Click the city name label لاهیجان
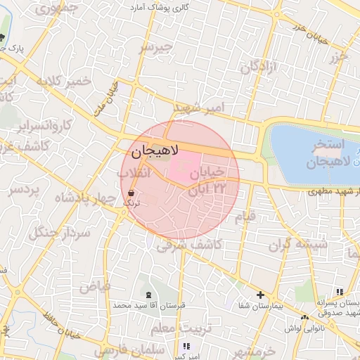pos(155,150)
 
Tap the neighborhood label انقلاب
pos(133,173)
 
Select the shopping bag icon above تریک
pos(131,192)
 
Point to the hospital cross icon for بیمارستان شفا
pos(260,295)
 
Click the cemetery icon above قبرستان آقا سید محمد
pos(148,295)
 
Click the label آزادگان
pos(259,67)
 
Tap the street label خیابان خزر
pos(310,32)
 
